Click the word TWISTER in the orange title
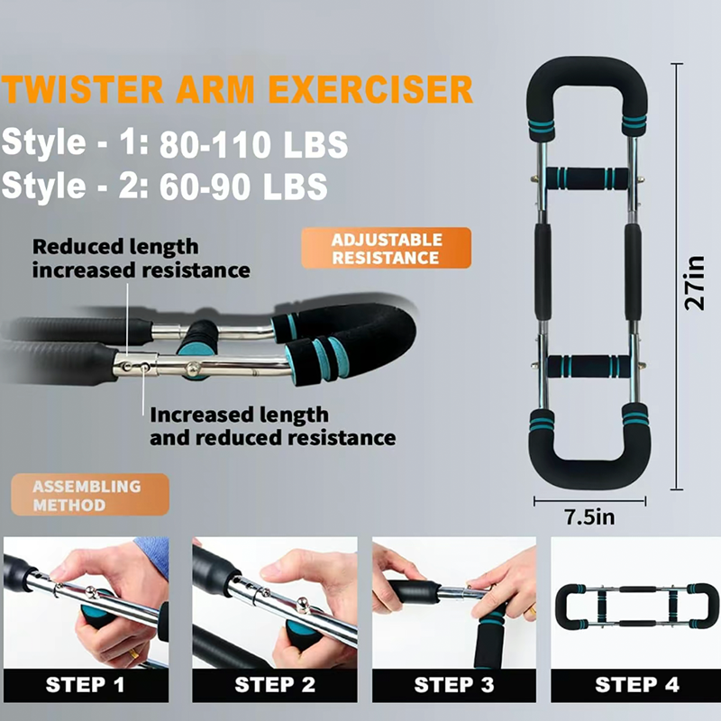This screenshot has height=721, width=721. click(83, 88)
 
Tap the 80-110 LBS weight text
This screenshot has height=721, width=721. click(253, 144)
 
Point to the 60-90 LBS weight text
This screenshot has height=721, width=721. click(243, 187)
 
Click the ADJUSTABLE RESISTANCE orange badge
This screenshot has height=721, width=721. click(387, 249)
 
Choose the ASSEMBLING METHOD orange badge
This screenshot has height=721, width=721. click(90, 495)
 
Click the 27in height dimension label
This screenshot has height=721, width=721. click(694, 283)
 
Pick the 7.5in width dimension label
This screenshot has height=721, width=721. click(589, 517)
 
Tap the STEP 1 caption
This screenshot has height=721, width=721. click(86, 685)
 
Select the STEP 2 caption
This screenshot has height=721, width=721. click(275, 685)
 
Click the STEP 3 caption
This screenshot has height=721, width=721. click(454, 685)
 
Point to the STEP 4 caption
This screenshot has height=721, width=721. click(637, 685)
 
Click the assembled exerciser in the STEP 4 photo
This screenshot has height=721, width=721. click(637, 607)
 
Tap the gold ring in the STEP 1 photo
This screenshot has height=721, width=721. click(132, 653)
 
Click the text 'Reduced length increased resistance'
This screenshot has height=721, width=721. click(141, 259)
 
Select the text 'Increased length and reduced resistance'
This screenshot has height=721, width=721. click(272, 426)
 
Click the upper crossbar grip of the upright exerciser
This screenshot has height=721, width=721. click(588, 178)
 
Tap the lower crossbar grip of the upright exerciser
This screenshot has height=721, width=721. click(589, 367)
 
